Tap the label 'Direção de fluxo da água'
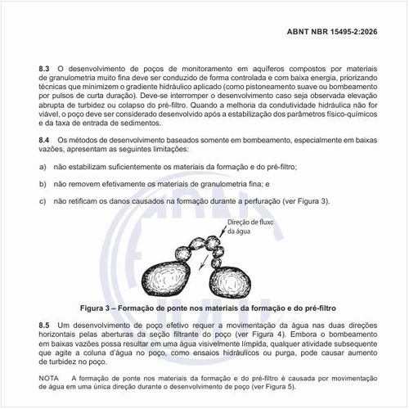(x=247, y=227)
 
